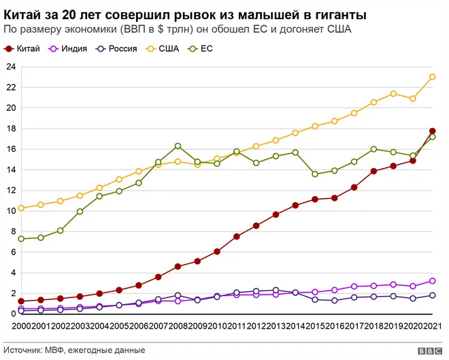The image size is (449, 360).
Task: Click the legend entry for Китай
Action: pyautogui.click(x=22, y=49)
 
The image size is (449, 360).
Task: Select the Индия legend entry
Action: pyautogui.click(x=67, y=49)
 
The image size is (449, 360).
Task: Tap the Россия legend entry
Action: pyautogui.click(x=116, y=49)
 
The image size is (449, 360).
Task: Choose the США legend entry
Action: pyautogui.click(x=162, y=49)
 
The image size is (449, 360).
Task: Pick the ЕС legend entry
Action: pyautogui.click(x=200, y=49)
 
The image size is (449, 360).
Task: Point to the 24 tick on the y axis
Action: pyautogui.click(x=11, y=67)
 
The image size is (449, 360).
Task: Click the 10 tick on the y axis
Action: pyautogui.click(x=11, y=211)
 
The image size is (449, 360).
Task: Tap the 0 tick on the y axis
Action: pyautogui.click(x=14, y=314)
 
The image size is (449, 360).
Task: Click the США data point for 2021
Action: pyautogui.click(x=433, y=77)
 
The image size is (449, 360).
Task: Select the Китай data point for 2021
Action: pyautogui.click(x=433, y=131)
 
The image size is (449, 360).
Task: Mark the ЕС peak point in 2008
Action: pyautogui.click(x=178, y=146)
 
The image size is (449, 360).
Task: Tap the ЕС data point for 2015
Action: pyautogui.click(x=315, y=174)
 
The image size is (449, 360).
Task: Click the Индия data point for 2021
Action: pyautogui.click(x=433, y=281)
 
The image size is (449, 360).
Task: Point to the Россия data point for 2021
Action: pyautogui.click(x=433, y=295)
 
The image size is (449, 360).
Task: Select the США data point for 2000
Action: pyautogui.click(x=21, y=208)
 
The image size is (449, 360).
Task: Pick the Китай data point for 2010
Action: pyautogui.click(x=217, y=252)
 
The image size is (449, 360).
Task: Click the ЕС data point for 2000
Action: pyautogui.click(x=21, y=239)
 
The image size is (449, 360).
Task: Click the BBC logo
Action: pyautogui.click(x=430, y=351)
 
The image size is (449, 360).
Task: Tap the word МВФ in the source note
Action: pyautogui.click(x=54, y=350)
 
